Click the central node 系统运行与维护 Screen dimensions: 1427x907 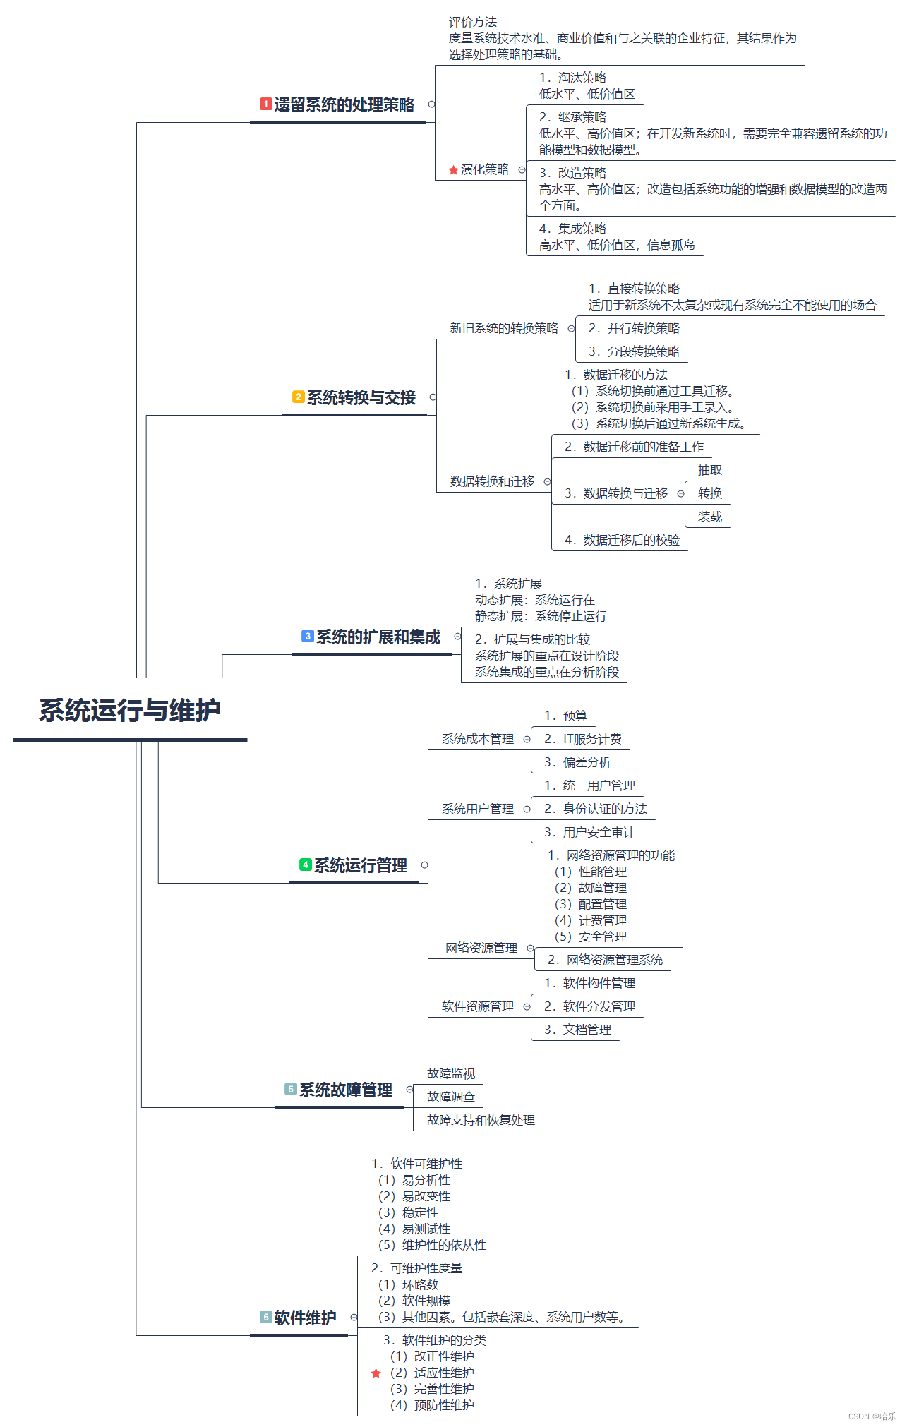[x=130, y=711]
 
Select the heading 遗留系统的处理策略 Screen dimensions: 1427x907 [x=344, y=105]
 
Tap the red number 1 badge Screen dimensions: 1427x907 [x=265, y=104]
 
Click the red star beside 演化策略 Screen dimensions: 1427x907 [x=453, y=170]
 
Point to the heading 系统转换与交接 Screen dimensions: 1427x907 [x=361, y=398]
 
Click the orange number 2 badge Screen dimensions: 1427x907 [x=299, y=397]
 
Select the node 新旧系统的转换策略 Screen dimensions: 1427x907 [x=504, y=328]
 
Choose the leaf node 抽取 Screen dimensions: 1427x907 [x=709, y=471]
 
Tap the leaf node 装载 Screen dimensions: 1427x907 [x=709, y=517]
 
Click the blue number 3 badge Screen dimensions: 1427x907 [x=308, y=637]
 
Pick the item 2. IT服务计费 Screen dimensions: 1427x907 [x=582, y=739]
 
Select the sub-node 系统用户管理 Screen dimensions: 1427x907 [x=478, y=809]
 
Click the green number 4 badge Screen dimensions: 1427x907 [x=306, y=865]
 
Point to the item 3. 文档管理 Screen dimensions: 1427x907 [x=577, y=1030]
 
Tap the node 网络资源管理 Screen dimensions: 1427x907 [x=481, y=948]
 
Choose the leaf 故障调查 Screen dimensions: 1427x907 [x=450, y=1097]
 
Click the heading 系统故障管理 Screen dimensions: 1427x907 [x=345, y=1090]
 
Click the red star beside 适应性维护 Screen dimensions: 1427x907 [x=376, y=1373]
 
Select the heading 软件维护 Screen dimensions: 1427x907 [x=305, y=1318]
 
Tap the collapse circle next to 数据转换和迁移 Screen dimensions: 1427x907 [x=547, y=482]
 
